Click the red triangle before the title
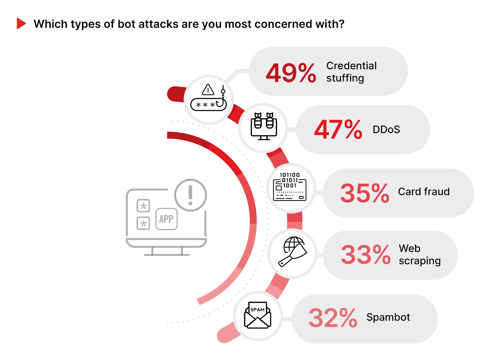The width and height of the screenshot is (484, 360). click(21, 23)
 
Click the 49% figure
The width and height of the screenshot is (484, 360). click(291, 73)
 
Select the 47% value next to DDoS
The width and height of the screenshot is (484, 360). click(338, 129)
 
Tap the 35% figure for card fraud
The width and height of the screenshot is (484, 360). click(365, 193)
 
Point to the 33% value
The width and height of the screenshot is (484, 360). click(366, 254)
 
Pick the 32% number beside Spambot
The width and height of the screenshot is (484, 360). click(333, 318)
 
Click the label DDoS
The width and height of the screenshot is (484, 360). click(386, 129)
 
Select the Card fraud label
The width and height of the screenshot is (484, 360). click(424, 191)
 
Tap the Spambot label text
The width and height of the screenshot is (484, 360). click(388, 317)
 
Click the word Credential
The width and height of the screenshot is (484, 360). click(351, 66)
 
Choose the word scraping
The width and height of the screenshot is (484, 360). click(420, 261)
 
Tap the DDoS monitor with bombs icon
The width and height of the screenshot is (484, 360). click(263, 126)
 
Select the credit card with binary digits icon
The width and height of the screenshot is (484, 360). click(289, 187)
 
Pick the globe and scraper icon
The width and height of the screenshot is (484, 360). click(293, 252)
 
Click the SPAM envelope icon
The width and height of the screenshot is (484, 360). click(257, 315)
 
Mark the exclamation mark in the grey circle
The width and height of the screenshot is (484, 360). click(190, 195)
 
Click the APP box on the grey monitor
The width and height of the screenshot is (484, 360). click(166, 219)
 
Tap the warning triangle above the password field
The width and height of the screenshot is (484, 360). click(208, 90)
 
